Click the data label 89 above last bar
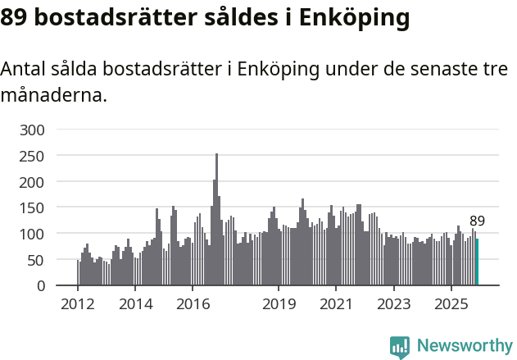pyautogui.click(x=477, y=221)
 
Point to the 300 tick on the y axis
pyautogui.click(x=37, y=130)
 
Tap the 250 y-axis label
pyautogui.click(x=37, y=156)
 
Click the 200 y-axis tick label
pyautogui.click(x=37, y=181)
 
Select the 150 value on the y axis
pyautogui.click(x=37, y=207)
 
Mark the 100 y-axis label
pyautogui.click(x=37, y=234)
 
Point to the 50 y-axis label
pyautogui.click(x=40, y=260)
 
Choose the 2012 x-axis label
pyautogui.click(x=78, y=304)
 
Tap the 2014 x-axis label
pyautogui.click(x=135, y=304)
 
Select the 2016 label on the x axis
pyautogui.click(x=193, y=304)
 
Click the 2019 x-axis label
pyautogui.click(x=279, y=304)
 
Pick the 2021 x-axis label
pyautogui.click(x=336, y=304)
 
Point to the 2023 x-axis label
pyautogui.click(x=393, y=304)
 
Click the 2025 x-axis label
pyautogui.click(x=451, y=304)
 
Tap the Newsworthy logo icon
pyautogui.click(x=400, y=347)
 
